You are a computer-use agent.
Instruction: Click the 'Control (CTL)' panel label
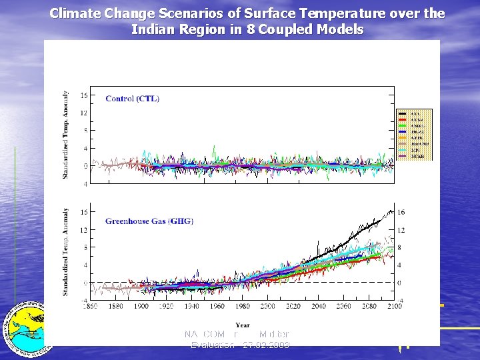click(132, 99)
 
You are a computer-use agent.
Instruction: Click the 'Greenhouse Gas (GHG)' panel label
click(149, 221)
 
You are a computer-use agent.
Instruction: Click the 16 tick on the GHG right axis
click(401, 213)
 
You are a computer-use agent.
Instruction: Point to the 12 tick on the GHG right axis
click(401, 230)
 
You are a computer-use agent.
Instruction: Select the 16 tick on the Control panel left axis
click(83, 95)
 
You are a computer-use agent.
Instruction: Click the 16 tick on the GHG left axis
click(83, 213)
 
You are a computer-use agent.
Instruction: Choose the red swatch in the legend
click(403, 119)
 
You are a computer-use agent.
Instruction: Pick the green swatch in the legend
click(403, 125)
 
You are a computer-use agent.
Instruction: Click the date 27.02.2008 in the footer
click(266, 345)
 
